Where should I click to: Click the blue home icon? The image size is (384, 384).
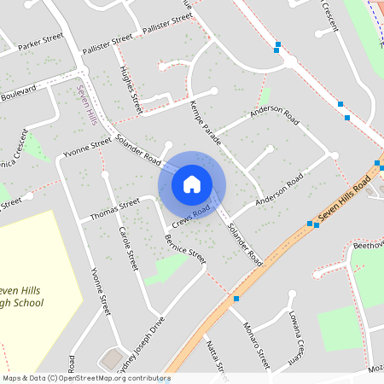[x=192, y=183]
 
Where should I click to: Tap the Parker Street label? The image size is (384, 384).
[x=41, y=42]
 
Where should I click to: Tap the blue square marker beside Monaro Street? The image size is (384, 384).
[x=236, y=299]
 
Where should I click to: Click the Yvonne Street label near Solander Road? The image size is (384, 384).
[x=87, y=147]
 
